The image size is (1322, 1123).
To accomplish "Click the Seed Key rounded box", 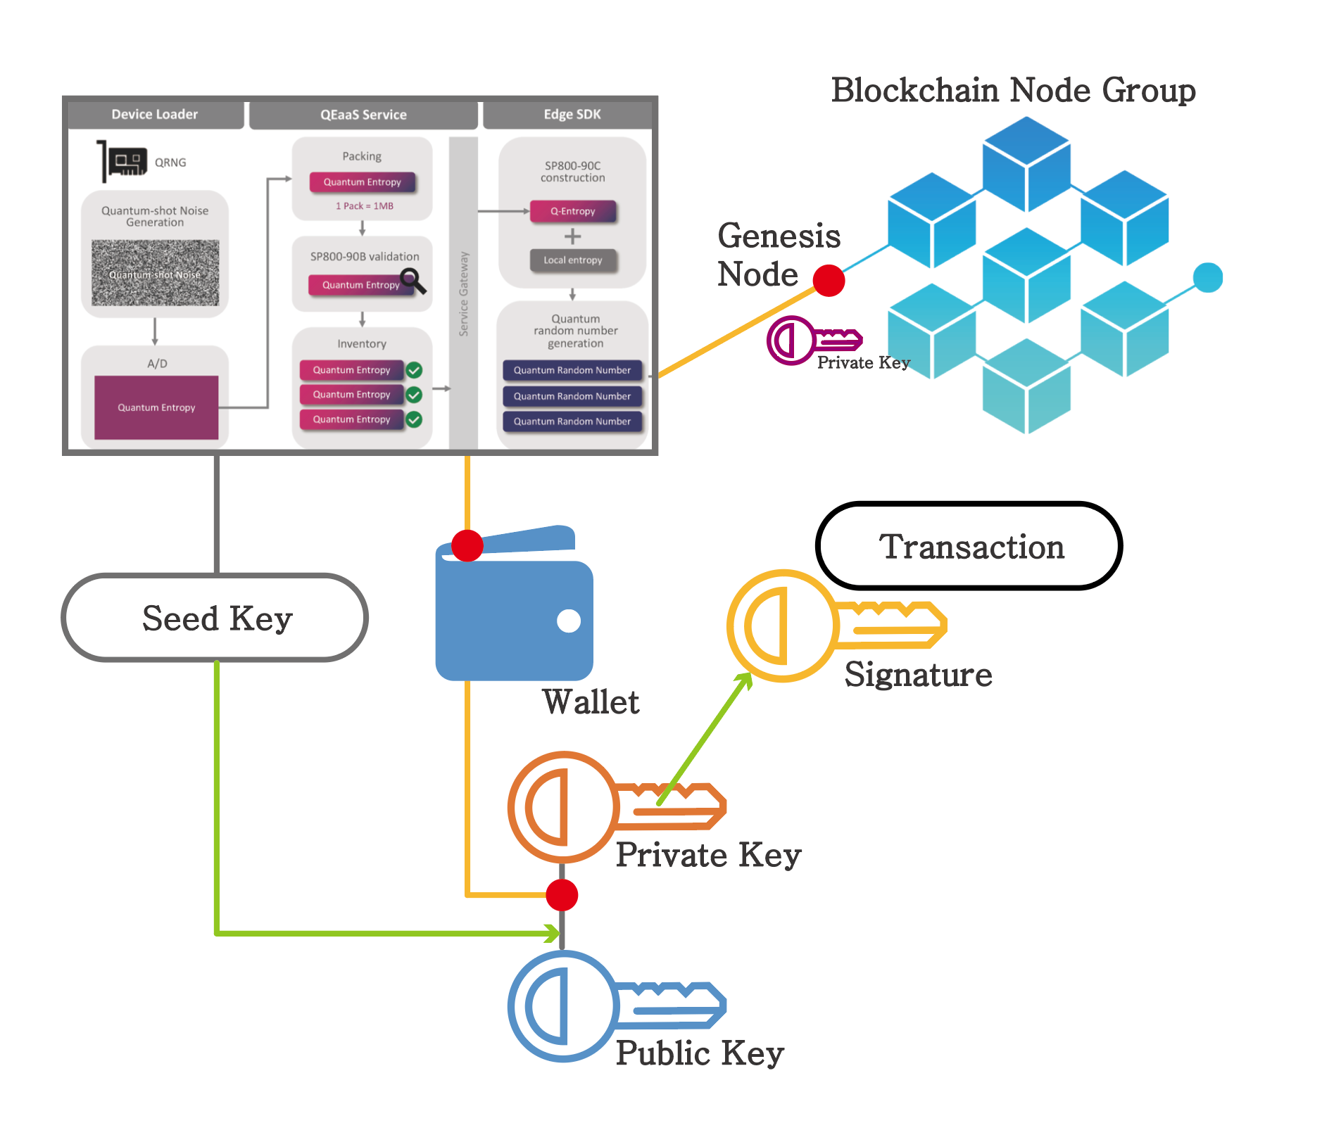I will click(215, 618).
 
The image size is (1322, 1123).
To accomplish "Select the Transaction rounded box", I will click(969, 546).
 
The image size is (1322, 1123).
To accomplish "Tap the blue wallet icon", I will click(514, 612).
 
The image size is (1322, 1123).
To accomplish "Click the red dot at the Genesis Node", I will click(829, 281).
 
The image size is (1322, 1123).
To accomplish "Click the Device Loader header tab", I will click(155, 115).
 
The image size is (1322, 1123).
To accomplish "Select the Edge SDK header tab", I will click(572, 115).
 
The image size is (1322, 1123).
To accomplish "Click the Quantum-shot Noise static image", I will click(156, 273).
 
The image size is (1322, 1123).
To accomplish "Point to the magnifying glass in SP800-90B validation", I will click(413, 281).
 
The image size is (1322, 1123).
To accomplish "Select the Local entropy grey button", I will click(573, 260).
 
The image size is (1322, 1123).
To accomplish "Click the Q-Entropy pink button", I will click(573, 211).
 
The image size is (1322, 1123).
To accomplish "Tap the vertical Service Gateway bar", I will click(463, 292).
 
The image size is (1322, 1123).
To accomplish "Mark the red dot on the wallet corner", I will click(467, 545).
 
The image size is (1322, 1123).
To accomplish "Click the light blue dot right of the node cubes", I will click(1208, 277).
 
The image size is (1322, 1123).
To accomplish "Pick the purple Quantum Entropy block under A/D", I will click(156, 407).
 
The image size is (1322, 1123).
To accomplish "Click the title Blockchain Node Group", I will click(1013, 91).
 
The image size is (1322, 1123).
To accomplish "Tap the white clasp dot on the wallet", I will click(569, 621).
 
